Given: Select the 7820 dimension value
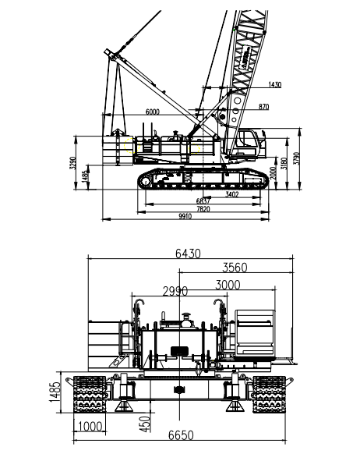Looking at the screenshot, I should pos(202,209).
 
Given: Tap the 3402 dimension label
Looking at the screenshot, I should pos(231,193).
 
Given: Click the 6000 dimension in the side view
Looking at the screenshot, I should pos(152,112).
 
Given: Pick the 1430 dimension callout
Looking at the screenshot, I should pos(274,84).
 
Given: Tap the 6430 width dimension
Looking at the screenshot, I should pos(185,254).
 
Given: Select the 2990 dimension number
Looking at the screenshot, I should pos(175,292).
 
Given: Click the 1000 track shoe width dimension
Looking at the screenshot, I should pos(90,427).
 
